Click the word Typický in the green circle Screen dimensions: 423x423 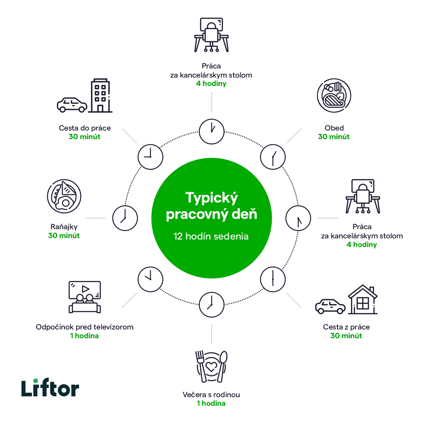click(x=211, y=198)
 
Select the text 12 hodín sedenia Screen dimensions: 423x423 click(x=211, y=236)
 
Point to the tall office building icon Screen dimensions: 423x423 click(x=101, y=96)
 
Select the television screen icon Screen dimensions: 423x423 click(x=84, y=297)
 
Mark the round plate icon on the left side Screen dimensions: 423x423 click(x=64, y=197)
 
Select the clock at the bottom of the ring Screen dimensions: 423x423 click(x=211, y=304)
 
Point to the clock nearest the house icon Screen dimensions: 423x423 click(x=272, y=279)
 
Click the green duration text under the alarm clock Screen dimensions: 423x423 click(x=211, y=404)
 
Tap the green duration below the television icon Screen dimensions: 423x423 click(x=84, y=336)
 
